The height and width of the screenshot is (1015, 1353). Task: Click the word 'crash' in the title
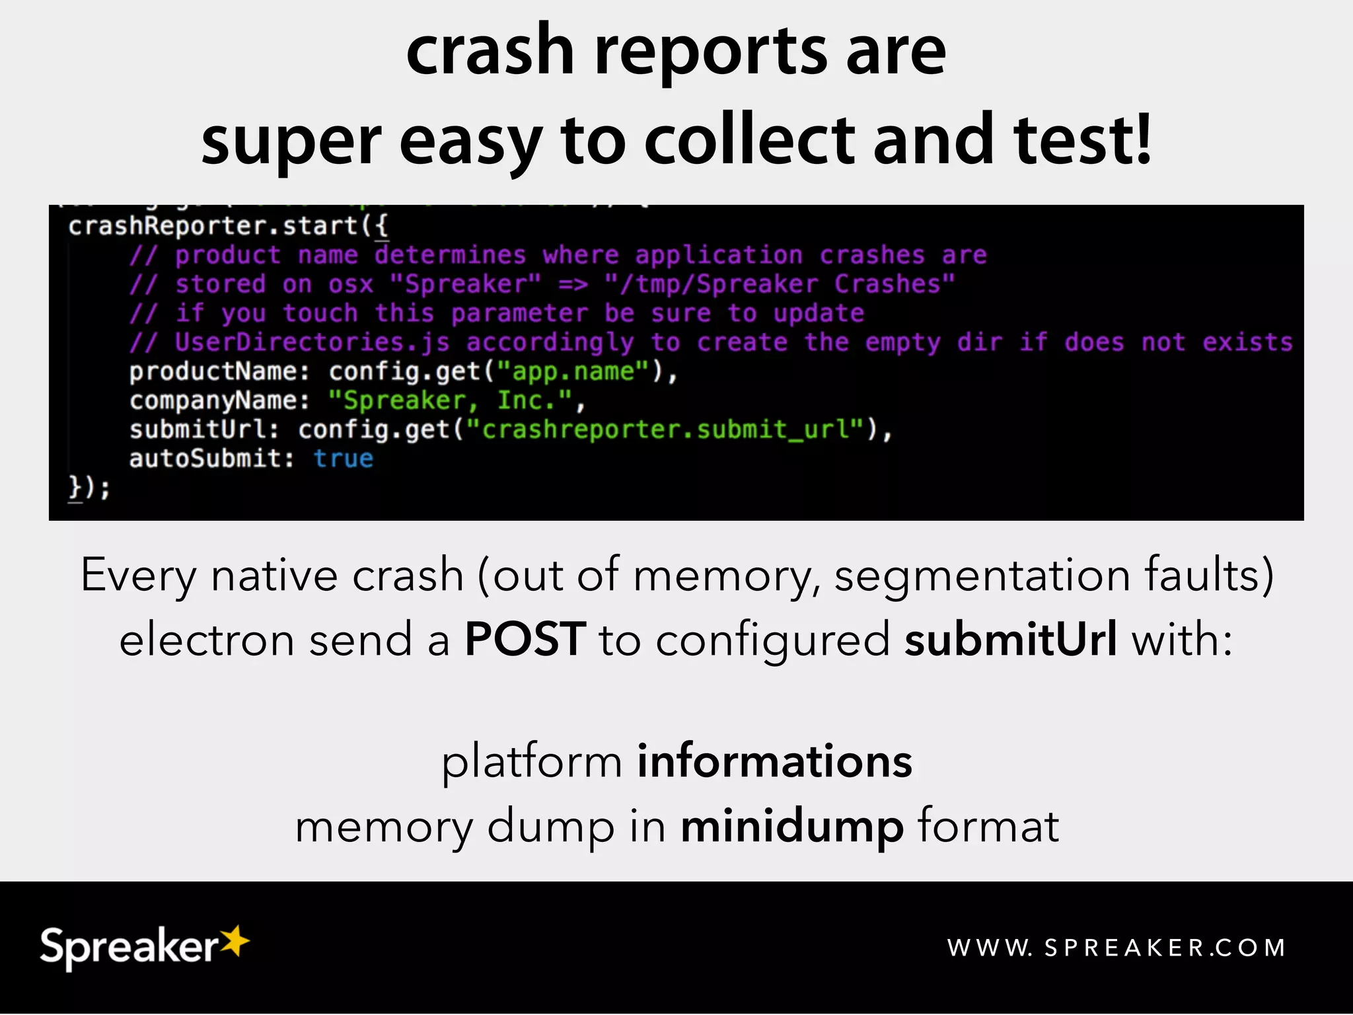tap(490, 52)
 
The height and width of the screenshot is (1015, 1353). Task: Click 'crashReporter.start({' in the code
tap(228, 227)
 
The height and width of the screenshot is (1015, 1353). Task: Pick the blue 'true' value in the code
tap(344, 459)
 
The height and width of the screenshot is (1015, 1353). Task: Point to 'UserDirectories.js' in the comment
tap(312, 343)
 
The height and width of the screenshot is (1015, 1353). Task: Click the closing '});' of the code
tap(89, 488)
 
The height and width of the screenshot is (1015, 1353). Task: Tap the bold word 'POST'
tap(525, 640)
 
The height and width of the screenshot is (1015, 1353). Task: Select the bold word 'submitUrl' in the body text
tap(1011, 640)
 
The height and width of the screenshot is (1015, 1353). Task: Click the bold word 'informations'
tap(774, 761)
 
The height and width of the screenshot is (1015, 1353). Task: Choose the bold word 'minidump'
tap(792, 827)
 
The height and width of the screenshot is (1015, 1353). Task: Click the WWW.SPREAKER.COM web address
tap(1116, 948)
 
